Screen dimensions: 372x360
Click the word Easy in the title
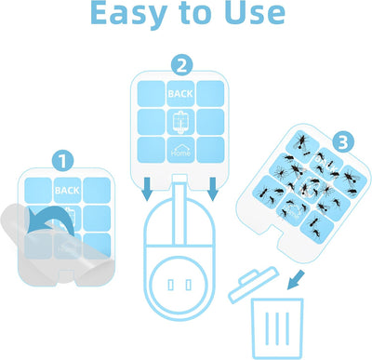pos(129,14)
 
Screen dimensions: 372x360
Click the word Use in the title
pos(255,12)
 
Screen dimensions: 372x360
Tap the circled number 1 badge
pos(63,161)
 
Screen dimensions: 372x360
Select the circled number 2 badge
pos(182,65)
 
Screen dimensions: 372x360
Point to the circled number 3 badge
pos(343,143)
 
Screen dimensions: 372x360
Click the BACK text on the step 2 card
pos(180,94)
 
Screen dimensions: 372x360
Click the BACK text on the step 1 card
pos(67,190)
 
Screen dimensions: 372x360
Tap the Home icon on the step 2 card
pos(181,150)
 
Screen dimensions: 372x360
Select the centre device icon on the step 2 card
pos(180,122)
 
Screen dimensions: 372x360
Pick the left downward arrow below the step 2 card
pos(148,189)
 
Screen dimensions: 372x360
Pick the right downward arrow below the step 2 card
pos(213,189)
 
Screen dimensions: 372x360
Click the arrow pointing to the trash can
pos(296,280)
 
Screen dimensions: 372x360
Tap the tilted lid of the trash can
pos(254,284)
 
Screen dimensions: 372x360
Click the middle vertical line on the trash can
pos(276,328)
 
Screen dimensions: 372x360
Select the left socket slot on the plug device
pos(170,285)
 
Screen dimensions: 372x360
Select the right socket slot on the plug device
pos(189,285)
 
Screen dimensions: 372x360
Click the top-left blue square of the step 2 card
pos(152,94)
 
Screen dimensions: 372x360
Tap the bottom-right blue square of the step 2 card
pos(210,150)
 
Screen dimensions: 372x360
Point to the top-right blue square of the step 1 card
pos(97,190)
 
